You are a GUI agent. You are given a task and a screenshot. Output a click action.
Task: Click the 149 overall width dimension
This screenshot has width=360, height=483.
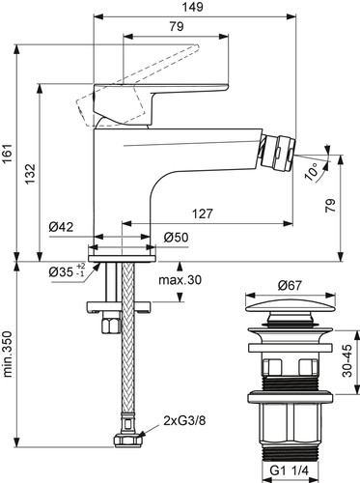click(x=194, y=7)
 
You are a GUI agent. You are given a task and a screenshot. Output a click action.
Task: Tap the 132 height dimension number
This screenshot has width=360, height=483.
click(x=31, y=174)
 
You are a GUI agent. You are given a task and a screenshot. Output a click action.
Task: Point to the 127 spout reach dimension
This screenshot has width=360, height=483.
click(x=203, y=213)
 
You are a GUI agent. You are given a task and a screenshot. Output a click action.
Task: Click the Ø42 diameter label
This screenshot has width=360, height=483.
click(x=61, y=227)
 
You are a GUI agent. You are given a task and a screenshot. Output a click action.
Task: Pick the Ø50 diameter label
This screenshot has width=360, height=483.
click(x=176, y=238)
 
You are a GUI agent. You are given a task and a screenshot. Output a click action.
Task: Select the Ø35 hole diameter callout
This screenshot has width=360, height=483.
click(x=67, y=270)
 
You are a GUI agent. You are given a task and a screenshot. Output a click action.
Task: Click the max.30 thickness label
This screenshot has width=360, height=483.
click(x=180, y=280)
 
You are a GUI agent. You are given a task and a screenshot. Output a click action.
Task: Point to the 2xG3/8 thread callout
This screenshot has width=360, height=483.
click(x=184, y=421)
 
